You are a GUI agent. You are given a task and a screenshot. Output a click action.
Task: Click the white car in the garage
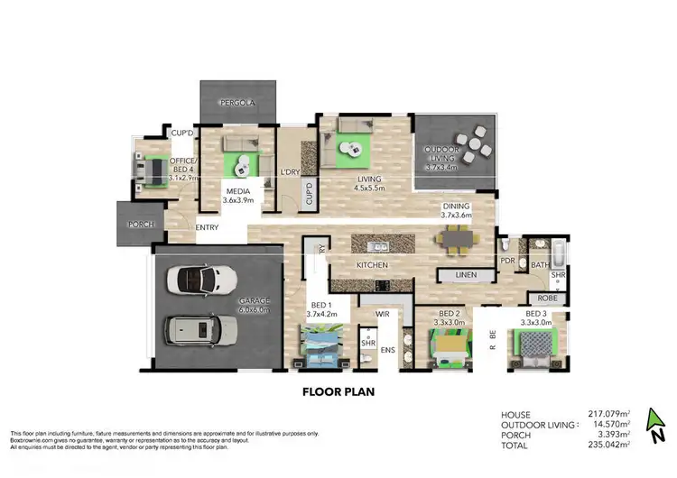[201, 279]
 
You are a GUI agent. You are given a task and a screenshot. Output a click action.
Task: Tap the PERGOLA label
[240, 104]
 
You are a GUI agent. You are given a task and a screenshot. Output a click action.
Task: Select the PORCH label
[142, 225]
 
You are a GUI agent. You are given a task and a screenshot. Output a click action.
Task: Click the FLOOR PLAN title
[339, 392]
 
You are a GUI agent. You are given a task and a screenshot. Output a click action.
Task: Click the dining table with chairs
[457, 241]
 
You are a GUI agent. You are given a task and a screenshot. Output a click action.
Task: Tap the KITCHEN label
[372, 265]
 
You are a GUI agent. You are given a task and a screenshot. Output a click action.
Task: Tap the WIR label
[382, 315]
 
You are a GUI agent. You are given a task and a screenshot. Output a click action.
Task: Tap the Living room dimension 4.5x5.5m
[367, 188]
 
